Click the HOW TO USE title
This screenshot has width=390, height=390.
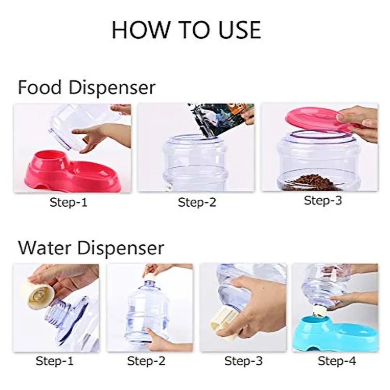pyautogui.click(x=186, y=30)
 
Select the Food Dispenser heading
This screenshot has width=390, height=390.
pyautogui.click(x=87, y=88)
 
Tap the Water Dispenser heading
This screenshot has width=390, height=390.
pyautogui.click(x=91, y=248)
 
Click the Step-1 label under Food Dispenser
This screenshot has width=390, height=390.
pyautogui.click(x=68, y=202)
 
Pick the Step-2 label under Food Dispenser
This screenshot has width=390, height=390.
pyautogui.click(x=197, y=202)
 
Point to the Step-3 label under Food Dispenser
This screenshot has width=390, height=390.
pyautogui.click(x=323, y=200)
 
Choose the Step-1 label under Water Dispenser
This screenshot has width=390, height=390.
pyautogui.click(x=55, y=361)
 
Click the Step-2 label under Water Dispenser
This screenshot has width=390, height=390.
pyautogui.click(x=146, y=361)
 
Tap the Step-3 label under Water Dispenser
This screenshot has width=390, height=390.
pyautogui.click(x=243, y=361)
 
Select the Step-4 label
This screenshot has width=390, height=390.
pyautogui.click(x=337, y=361)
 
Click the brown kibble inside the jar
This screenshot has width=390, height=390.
pyautogui.click(x=311, y=183)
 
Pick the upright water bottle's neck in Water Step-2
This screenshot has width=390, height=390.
pyautogui.click(x=149, y=284)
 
